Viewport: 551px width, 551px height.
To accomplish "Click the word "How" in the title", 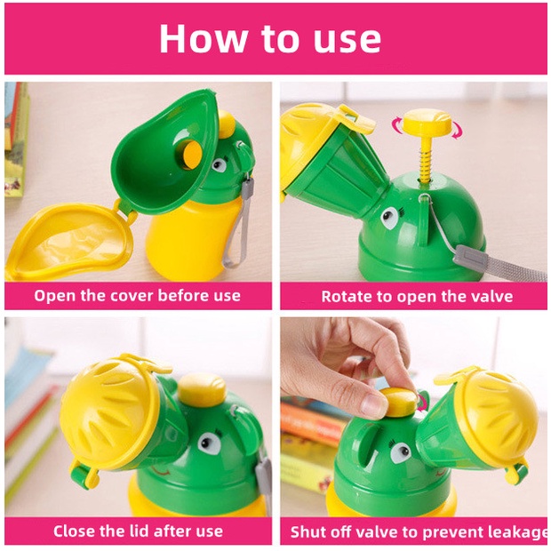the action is pos(204,38).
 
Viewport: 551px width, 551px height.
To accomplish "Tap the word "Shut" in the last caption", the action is pos(303,532).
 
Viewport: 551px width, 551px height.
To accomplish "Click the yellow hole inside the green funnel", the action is pos(189,155).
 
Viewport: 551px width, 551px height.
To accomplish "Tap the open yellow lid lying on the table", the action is pos(68,241).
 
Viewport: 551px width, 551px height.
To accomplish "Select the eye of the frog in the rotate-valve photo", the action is pos(390,218).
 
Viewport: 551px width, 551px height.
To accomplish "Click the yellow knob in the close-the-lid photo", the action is pos(202,390).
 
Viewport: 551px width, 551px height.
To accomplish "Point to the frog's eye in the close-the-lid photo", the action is pos(210,443).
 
